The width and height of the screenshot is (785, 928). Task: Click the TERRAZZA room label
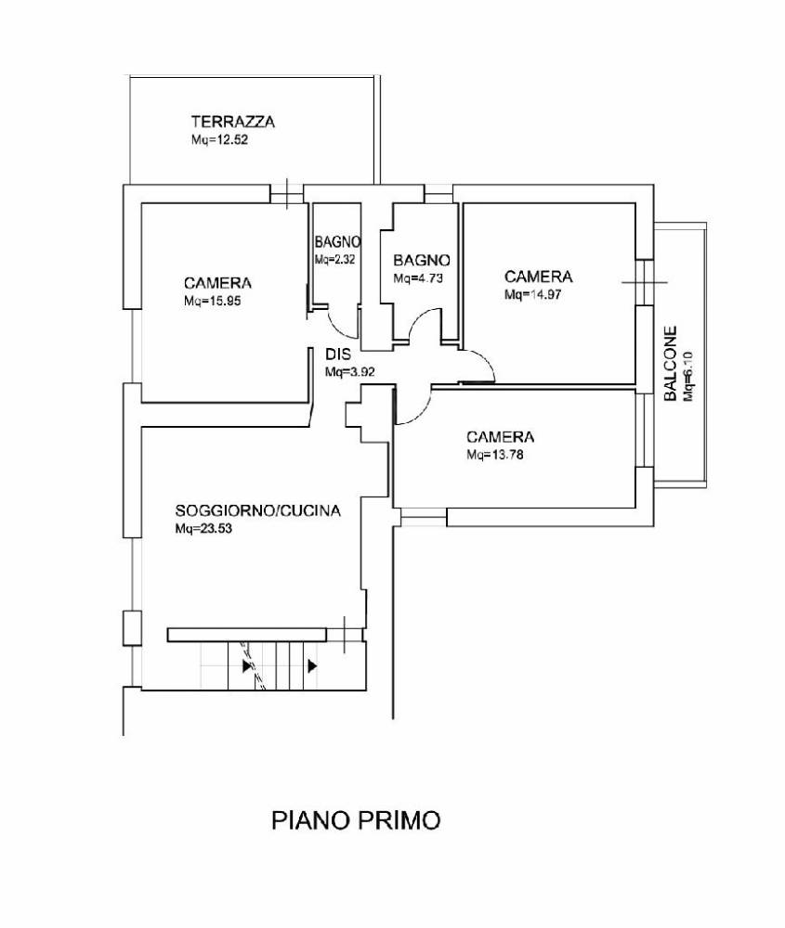coord(233,122)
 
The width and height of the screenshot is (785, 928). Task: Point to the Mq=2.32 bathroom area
coord(334,260)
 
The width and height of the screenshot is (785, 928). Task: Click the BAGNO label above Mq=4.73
coord(422,260)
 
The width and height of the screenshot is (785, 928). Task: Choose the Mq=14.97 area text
coord(533,295)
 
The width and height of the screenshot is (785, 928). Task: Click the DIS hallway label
coord(337,354)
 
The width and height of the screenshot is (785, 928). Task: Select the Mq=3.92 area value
coord(349,372)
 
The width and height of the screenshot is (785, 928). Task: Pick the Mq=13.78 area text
coord(495,455)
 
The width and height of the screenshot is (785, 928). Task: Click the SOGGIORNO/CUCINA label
coord(258,510)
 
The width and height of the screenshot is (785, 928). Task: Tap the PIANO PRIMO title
coord(356,820)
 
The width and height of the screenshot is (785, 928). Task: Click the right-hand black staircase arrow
coord(313,665)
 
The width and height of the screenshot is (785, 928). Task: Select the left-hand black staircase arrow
coord(246,665)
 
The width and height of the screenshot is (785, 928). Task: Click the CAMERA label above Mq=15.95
coord(218,283)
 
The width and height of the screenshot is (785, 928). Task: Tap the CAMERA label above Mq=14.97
coord(539,277)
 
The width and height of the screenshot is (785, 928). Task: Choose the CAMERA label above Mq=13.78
coord(501,436)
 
